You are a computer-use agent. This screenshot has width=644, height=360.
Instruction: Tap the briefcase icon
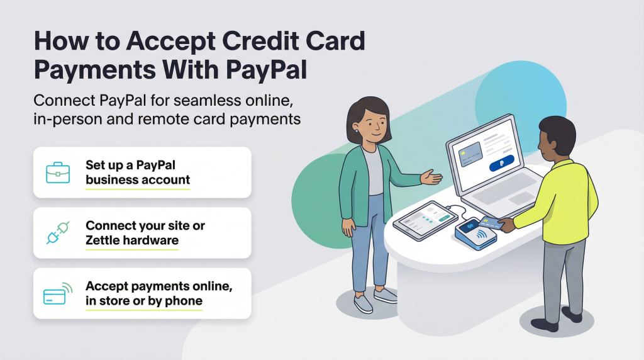click(x=57, y=172)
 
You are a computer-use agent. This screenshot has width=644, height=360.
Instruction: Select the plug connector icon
click(x=57, y=232)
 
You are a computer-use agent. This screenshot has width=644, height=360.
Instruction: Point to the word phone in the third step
click(x=184, y=301)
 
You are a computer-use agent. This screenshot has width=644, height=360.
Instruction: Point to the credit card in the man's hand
click(x=489, y=222)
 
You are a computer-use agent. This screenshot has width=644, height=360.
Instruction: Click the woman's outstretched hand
click(x=431, y=178)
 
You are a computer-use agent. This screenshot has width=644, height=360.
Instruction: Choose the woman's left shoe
click(x=363, y=305)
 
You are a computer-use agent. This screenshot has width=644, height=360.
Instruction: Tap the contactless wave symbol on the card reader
click(x=482, y=234)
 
